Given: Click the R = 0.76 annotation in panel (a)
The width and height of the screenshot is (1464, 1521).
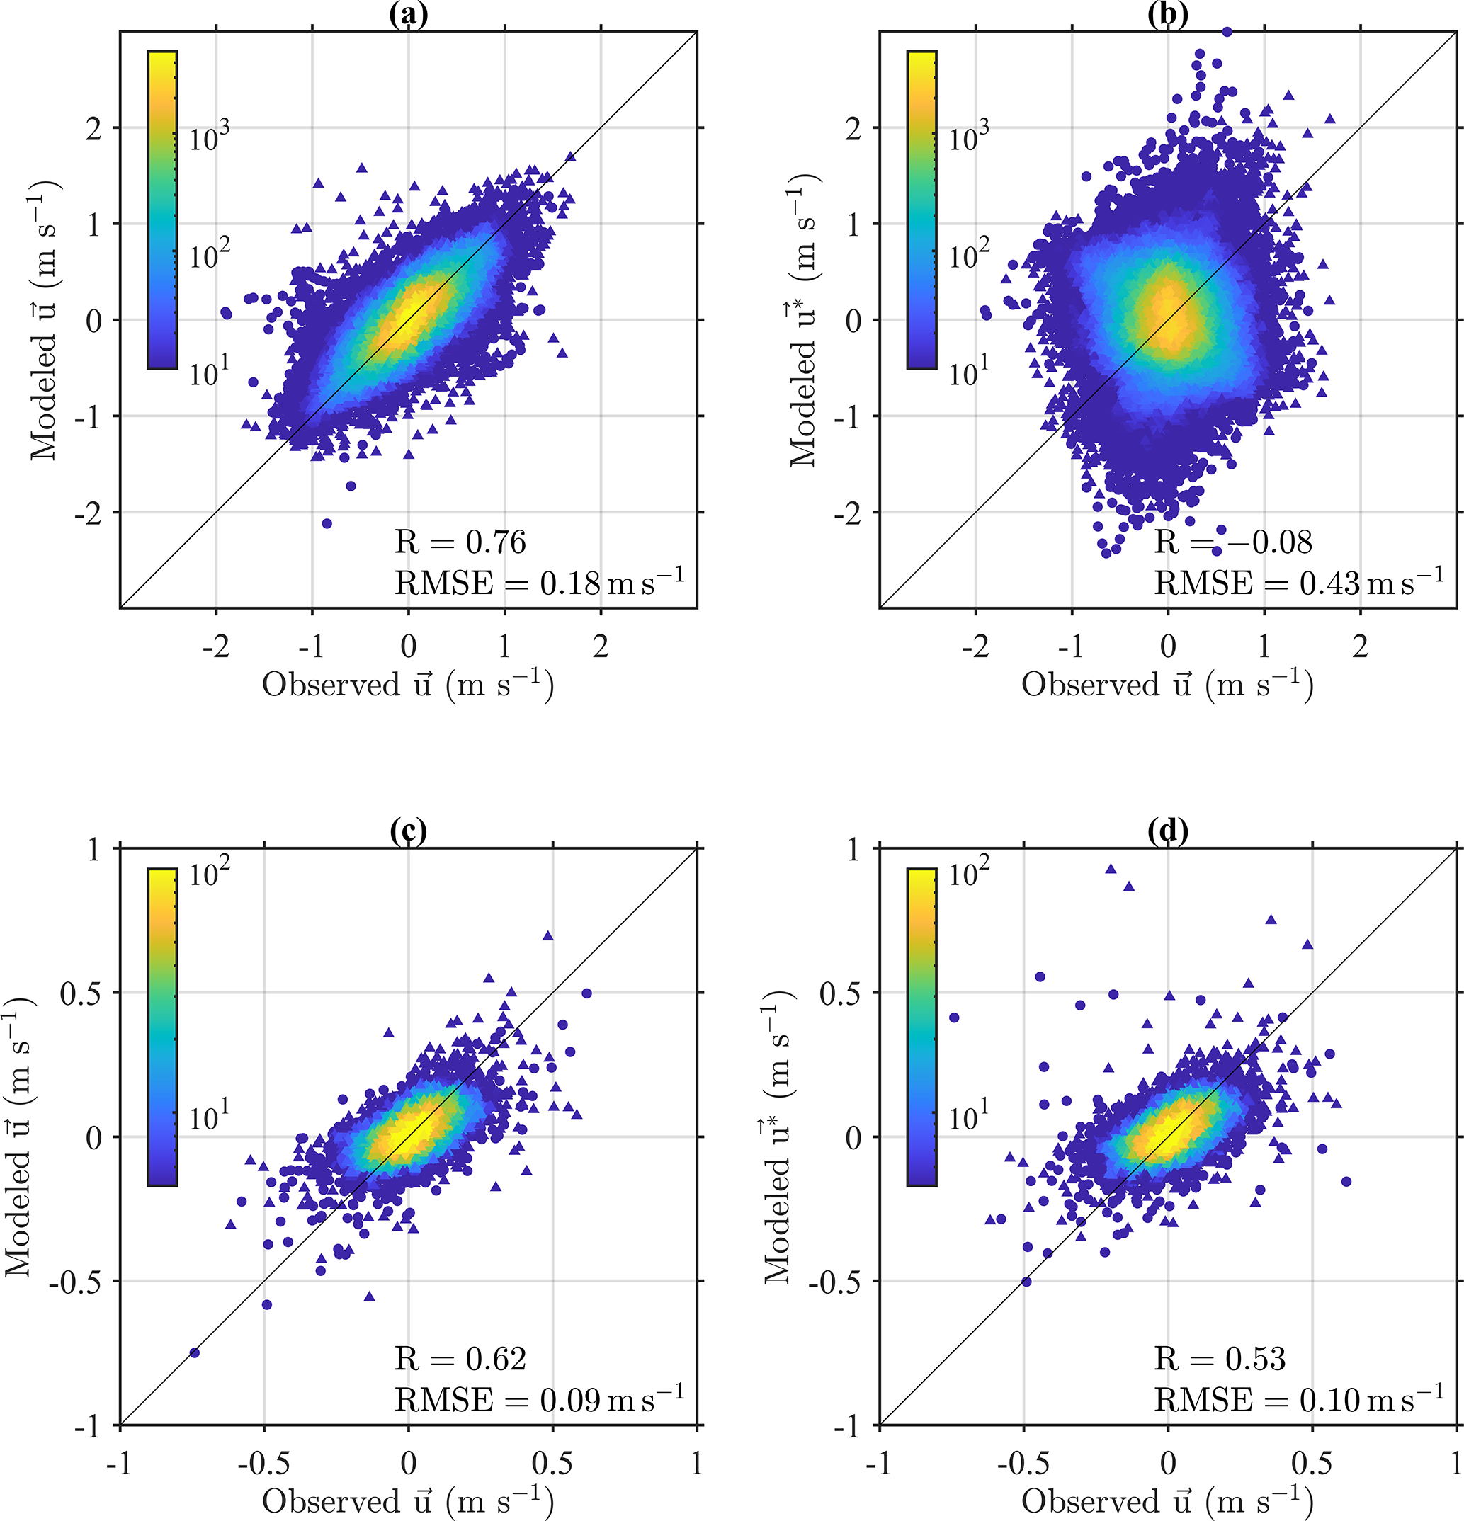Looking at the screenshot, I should pyautogui.click(x=460, y=542).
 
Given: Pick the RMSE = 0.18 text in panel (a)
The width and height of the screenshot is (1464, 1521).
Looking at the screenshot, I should pyautogui.click(x=540, y=583).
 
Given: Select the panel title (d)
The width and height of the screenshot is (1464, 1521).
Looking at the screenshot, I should pyautogui.click(x=1167, y=831).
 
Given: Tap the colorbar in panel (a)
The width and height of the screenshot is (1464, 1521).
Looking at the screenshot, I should pyautogui.click(x=162, y=210).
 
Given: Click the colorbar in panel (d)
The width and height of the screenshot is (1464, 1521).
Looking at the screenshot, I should pyautogui.click(x=921, y=1027).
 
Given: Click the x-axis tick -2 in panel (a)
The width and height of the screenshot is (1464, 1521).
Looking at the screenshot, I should pyautogui.click(x=216, y=646).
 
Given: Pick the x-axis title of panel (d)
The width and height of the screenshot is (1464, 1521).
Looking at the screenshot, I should pyautogui.click(x=1167, y=1501).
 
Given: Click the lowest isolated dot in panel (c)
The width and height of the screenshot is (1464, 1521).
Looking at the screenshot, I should pyautogui.click(x=195, y=1352).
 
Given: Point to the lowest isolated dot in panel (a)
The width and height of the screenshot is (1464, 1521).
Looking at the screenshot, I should pyautogui.click(x=327, y=524).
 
